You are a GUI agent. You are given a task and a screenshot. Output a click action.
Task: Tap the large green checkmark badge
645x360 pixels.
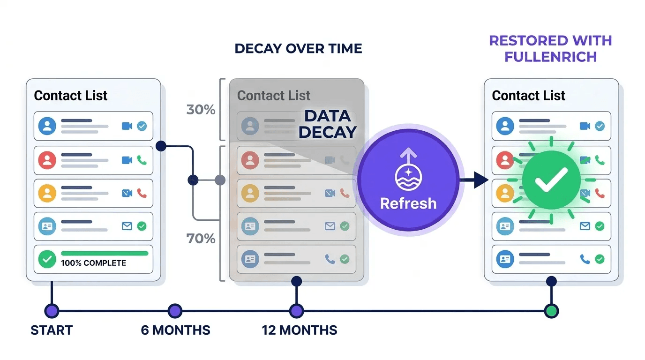[551, 180]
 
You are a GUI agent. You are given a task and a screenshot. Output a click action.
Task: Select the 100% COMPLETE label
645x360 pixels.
[93, 263]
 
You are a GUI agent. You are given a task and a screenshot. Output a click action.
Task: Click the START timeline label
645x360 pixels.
[52, 330]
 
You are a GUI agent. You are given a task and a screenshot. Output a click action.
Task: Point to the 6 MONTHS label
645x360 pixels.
[175, 330]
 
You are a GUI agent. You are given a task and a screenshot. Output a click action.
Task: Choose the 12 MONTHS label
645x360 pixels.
[299, 330]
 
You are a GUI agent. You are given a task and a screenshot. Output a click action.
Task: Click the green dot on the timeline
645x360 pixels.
[551, 310]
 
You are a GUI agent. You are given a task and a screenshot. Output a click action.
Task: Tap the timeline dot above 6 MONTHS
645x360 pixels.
[175, 310]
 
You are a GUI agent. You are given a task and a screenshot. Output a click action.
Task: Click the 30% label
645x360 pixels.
[201, 110]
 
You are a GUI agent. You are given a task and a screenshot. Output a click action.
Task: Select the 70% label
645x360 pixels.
[201, 239]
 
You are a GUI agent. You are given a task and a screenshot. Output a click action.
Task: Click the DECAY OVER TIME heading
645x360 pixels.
[298, 49]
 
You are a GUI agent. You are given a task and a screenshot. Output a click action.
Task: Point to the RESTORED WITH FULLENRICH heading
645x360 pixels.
[550, 48]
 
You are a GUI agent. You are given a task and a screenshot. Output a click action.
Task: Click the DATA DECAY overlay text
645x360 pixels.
[327, 124]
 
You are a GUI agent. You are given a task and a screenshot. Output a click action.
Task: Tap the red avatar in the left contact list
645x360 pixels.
[47, 160]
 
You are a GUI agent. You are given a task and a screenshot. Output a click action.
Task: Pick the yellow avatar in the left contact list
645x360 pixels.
[47, 193]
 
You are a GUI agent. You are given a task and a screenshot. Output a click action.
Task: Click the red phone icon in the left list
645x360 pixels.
[142, 193]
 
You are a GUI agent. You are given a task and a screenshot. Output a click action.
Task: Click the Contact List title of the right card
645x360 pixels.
[528, 96]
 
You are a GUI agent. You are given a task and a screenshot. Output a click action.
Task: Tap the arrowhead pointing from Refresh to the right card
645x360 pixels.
[480, 180]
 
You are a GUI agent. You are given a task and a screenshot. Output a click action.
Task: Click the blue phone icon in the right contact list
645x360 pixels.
[585, 259]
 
